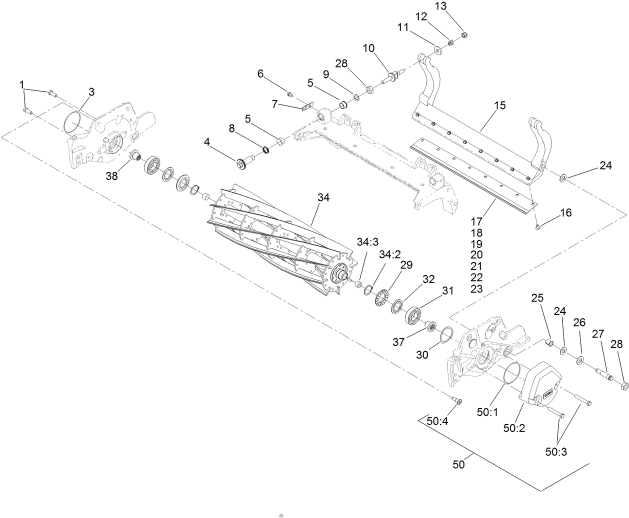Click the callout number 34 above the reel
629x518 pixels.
click(323, 197)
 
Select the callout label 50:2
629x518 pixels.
click(513, 428)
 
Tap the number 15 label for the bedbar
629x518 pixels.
click(499, 105)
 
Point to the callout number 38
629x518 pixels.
click(111, 175)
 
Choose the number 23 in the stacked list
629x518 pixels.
click(476, 288)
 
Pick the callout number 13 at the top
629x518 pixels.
click(440, 6)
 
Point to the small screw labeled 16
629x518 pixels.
click(536, 227)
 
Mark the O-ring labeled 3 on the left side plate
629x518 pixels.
click(75, 122)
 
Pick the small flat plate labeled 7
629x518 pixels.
click(307, 105)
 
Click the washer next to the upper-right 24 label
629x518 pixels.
click(562, 177)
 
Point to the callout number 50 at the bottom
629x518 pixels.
click(458, 464)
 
